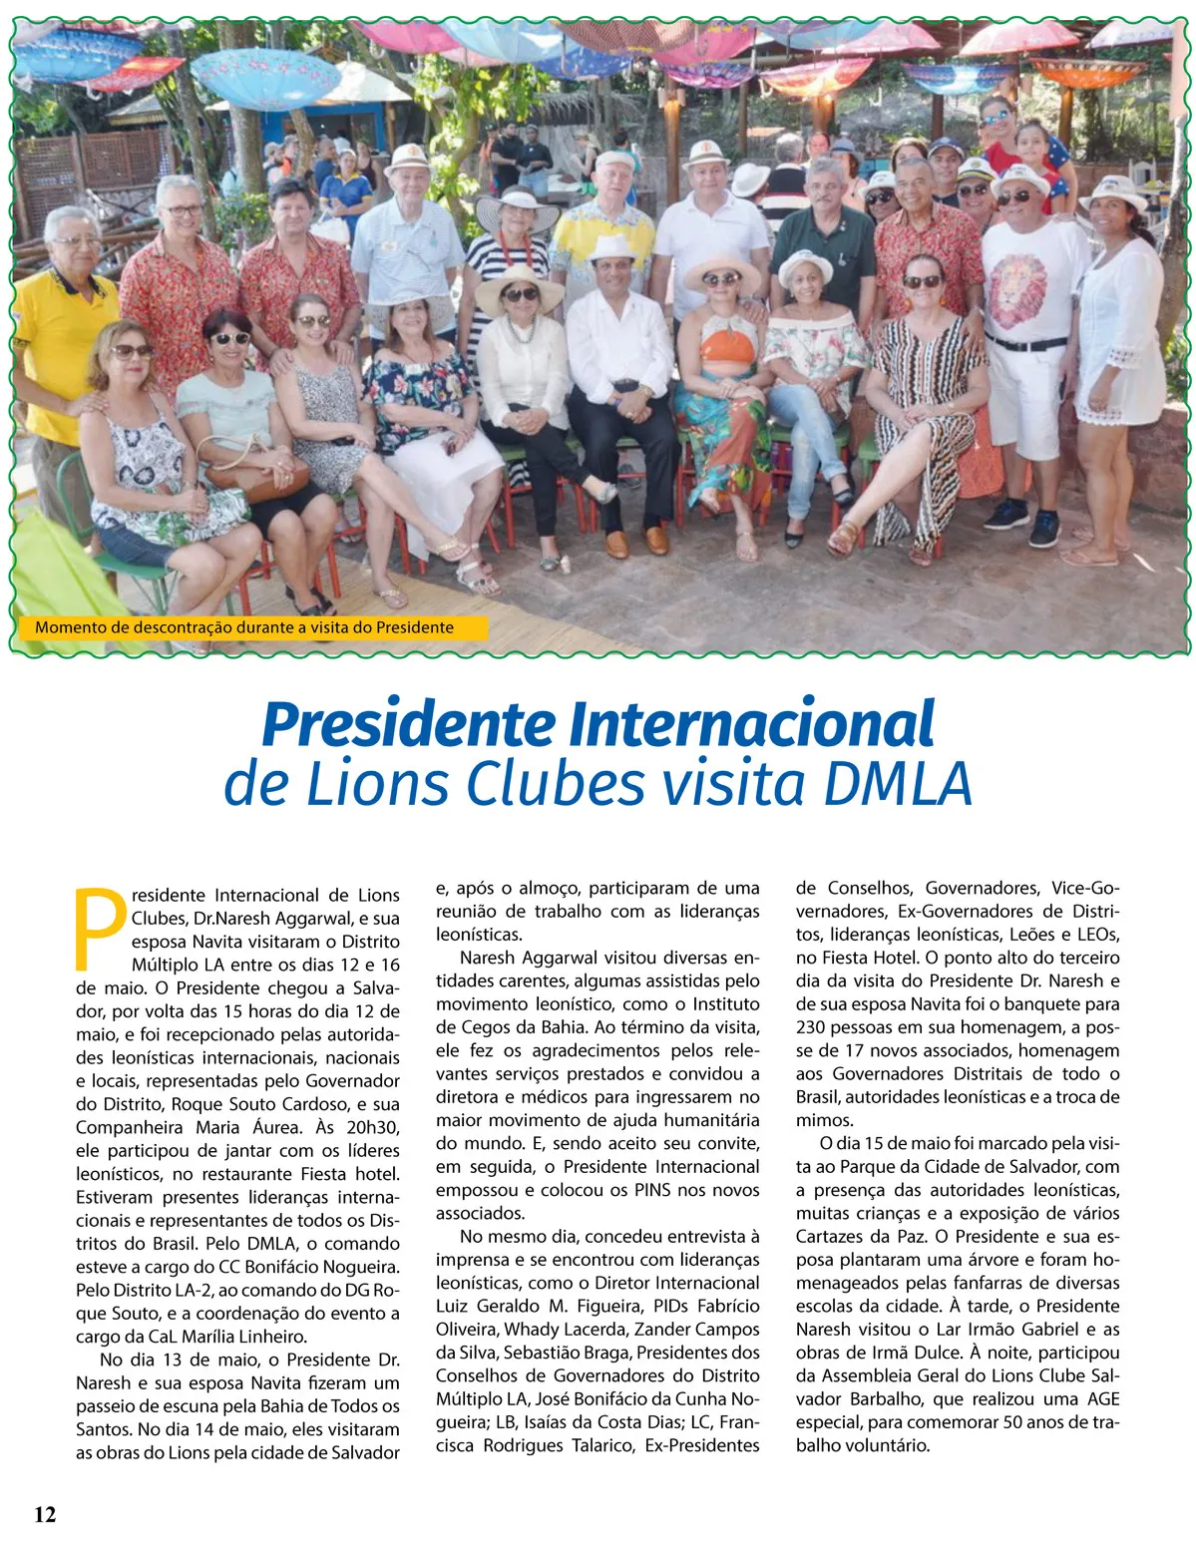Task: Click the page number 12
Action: [45, 1514]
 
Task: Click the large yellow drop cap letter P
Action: [102, 927]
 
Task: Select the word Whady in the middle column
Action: [533, 1330]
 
